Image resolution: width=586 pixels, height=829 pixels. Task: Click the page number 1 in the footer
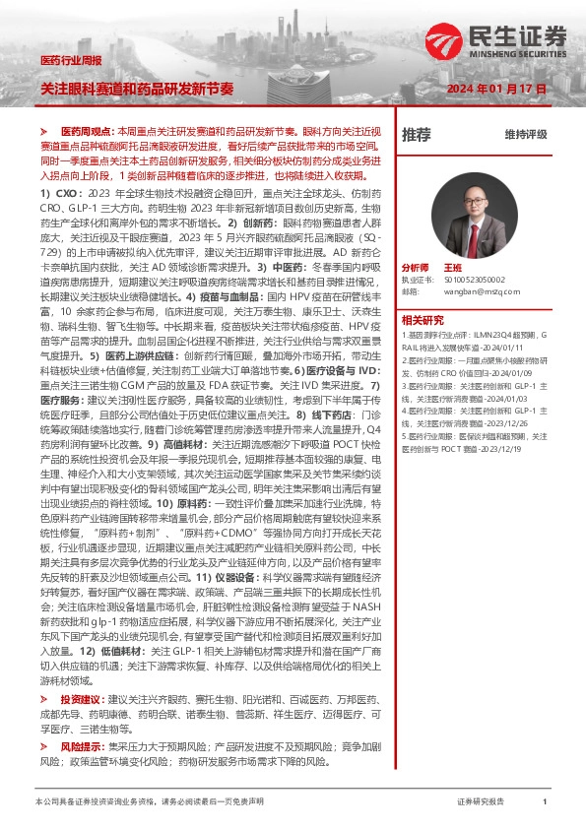[x=545, y=803]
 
